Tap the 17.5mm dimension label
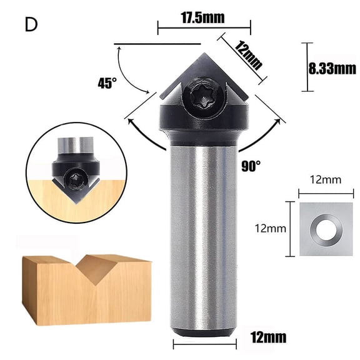(203, 17)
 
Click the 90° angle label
(250, 167)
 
